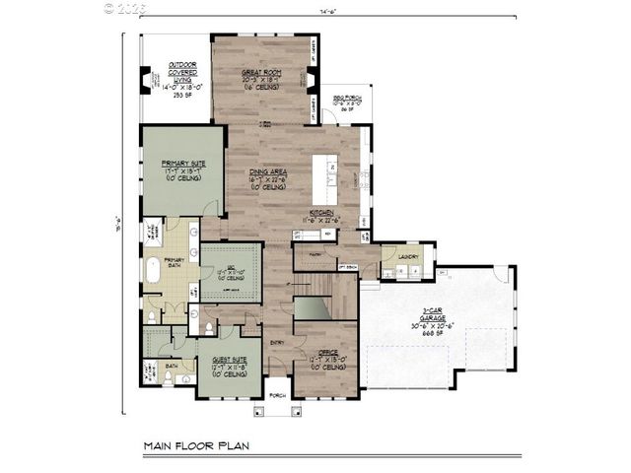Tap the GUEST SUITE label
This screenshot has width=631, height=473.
click(230, 360)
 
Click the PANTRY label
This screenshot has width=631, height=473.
click(316, 253)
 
